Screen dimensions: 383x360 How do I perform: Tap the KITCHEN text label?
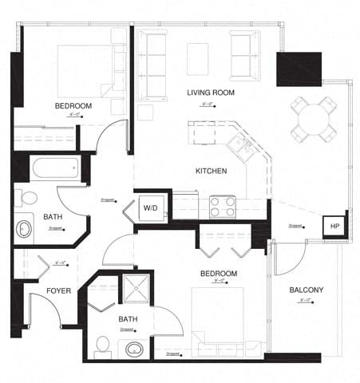[212, 171]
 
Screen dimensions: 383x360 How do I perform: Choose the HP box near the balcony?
[335, 226]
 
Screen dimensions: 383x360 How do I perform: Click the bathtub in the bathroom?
[54, 168]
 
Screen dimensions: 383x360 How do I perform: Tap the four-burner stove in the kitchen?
[222, 207]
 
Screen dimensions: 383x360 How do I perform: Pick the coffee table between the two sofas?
[198, 55]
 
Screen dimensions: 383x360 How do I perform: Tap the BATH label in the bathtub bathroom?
[53, 216]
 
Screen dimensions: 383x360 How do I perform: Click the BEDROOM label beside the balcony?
[218, 274]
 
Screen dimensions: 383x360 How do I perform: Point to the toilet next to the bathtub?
[28, 197]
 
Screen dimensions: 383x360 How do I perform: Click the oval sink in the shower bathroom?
[133, 349]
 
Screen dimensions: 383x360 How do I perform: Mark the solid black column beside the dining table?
[299, 69]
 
